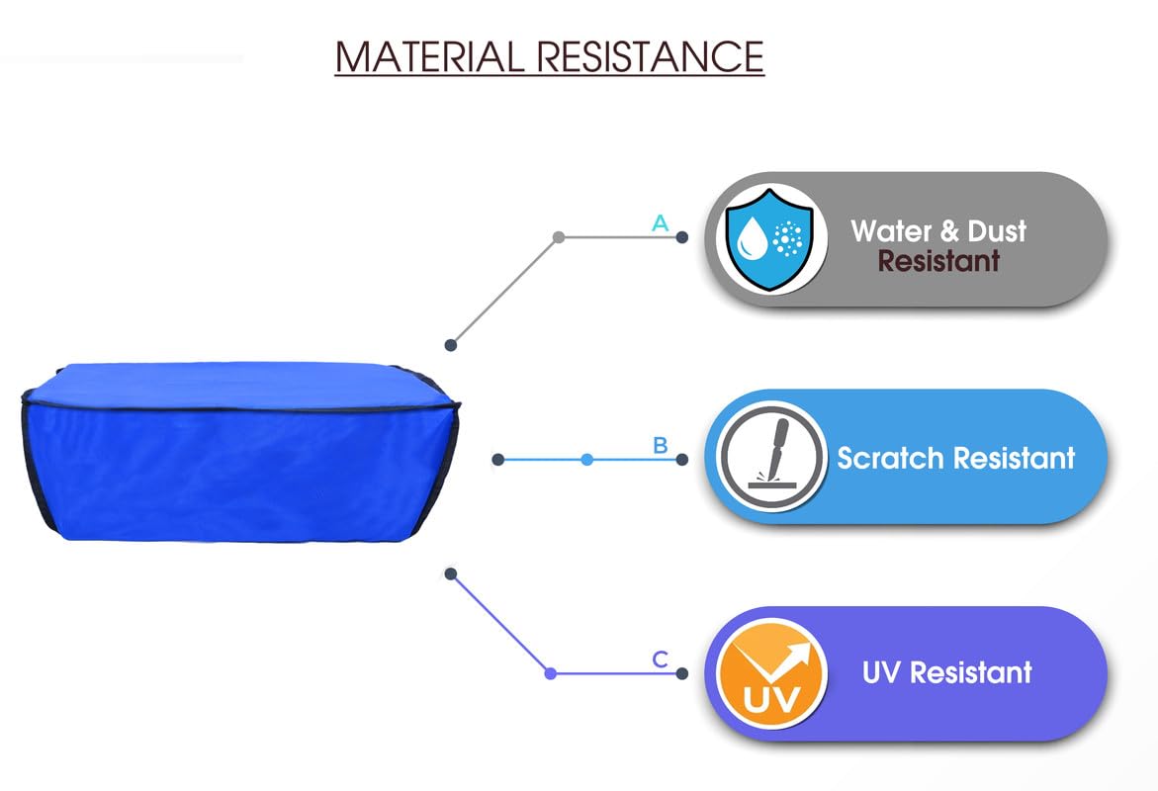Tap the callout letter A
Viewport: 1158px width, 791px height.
point(661,223)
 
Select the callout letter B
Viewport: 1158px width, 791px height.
point(661,445)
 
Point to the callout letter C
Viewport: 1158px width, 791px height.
point(661,659)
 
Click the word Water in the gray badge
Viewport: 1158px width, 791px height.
point(892,231)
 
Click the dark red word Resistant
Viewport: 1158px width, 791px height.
point(938,262)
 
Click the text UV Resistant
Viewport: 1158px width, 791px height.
point(946,672)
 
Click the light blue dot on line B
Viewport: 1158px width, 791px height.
point(587,460)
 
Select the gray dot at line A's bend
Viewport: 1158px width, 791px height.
point(559,237)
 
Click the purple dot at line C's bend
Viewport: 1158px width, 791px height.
point(551,673)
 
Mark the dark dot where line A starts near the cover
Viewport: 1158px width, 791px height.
point(451,345)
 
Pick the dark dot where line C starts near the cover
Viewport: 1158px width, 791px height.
point(451,573)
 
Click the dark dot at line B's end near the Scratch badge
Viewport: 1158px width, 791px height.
point(681,460)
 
